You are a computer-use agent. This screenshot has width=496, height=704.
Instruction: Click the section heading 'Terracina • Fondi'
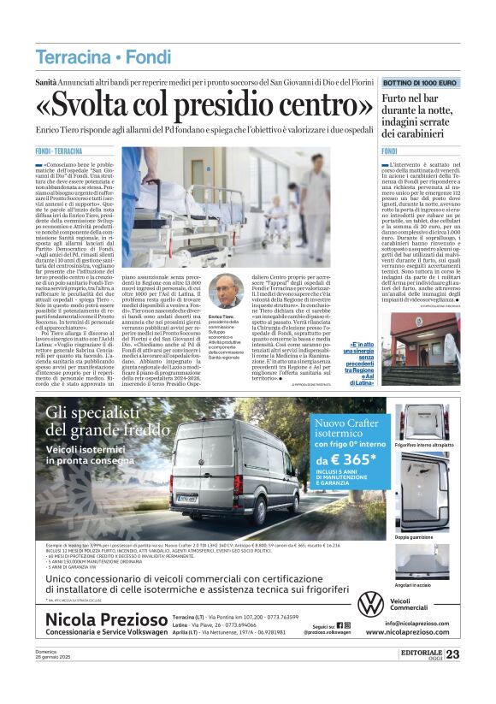91,58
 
